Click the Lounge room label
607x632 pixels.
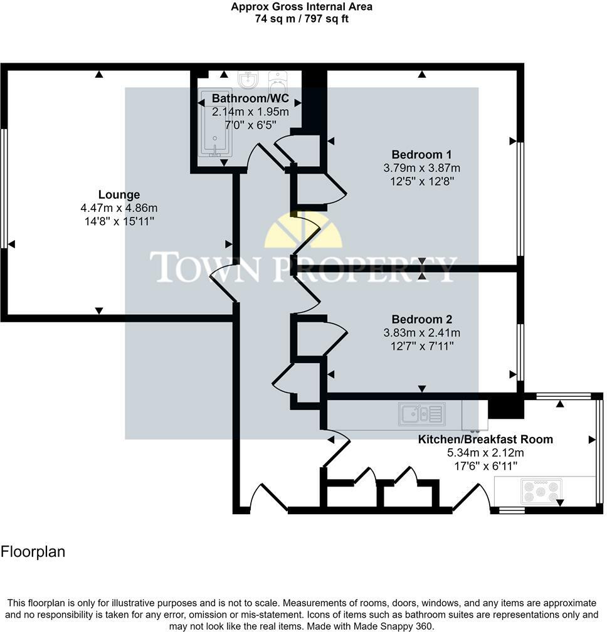[x=119, y=194]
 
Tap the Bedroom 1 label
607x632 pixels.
[x=421, y=154]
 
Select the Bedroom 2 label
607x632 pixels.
[x=421, y=319]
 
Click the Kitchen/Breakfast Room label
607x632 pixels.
[x=485, y=439]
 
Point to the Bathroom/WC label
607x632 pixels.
[x=250, y=98]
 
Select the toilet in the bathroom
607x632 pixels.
[x=278, y=80]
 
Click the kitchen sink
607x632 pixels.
[x=422, y=413]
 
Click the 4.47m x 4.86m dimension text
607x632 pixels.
[x=119, y=208]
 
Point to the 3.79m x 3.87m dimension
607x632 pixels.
[x=421, y=168]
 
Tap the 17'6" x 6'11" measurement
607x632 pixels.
[x=485, y=466]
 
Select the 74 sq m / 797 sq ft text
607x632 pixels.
[x=301, y=19]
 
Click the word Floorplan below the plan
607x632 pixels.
[x=33, y=552]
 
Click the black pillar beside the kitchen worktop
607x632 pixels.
[x=505, y=407]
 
